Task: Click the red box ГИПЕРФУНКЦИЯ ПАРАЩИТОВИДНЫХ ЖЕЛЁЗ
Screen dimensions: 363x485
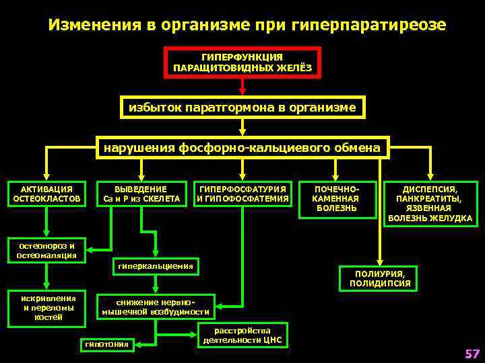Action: click(x=243, y=63)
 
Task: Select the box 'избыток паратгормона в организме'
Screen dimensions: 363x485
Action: click(x=243, y=108)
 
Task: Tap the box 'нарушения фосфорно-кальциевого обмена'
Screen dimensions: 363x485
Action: click(x=243, y=147)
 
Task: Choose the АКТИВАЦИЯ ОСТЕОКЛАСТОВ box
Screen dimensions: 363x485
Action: click(x=46, y=194)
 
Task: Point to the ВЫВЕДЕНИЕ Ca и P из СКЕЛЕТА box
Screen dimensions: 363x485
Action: click(x=141, y=194)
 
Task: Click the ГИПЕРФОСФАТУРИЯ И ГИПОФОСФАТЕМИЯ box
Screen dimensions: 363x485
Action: click(x=243, y=194)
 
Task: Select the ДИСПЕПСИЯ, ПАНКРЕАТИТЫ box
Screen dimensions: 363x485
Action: click(x=430, y=204)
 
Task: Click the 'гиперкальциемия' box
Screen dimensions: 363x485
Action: click(x=156, y=267)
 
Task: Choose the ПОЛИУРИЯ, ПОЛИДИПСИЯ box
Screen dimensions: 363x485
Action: click(x=380, y=278)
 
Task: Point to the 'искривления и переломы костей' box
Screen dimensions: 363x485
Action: click(x=47, y=307)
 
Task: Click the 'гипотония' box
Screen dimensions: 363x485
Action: click(x=106, y=344)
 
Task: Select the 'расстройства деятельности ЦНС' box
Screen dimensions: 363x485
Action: click(x=243, y=335)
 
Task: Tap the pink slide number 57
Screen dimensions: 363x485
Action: click(x=472, y=354)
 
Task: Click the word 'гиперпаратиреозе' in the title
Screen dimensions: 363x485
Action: click(x=370, y=25)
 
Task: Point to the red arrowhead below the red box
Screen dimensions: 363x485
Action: click(x=243, y=89)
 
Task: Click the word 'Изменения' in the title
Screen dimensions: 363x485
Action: click(x=94, y=25)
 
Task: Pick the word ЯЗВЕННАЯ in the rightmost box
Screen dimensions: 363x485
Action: click(x=430, y=209)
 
